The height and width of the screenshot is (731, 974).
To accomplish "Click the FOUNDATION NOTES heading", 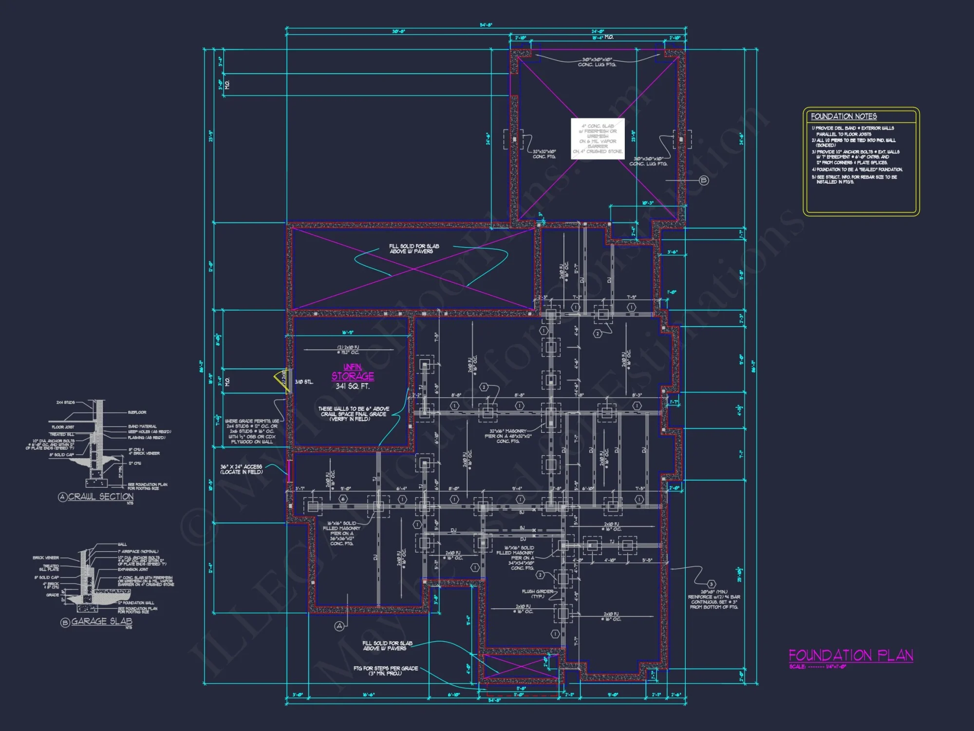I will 843,116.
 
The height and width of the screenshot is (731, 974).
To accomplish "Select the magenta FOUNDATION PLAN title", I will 850,655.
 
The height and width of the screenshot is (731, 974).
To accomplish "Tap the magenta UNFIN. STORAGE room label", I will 353,372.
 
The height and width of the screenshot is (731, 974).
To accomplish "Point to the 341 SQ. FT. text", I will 353,386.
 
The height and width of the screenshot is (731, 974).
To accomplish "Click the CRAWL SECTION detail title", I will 100,497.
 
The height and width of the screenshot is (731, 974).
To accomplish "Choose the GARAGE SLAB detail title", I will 101,621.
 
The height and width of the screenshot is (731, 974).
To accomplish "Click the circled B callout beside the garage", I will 704,180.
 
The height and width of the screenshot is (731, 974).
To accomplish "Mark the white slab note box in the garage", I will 598,138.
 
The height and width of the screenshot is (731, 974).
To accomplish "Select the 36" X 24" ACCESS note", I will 241,469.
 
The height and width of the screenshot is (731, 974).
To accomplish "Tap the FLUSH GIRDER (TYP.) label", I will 538,594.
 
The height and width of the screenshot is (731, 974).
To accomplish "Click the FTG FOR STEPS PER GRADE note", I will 386,671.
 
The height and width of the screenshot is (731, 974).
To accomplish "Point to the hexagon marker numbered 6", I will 343,499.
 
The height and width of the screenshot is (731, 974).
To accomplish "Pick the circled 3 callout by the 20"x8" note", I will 711,584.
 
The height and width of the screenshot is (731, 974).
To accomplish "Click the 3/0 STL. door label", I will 304,382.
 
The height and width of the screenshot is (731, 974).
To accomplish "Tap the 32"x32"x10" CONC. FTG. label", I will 544,154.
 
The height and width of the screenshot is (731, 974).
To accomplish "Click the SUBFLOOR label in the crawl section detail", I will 137,412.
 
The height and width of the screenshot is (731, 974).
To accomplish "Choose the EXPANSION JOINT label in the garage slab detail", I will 132,569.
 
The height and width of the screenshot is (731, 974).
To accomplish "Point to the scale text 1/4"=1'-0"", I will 836,667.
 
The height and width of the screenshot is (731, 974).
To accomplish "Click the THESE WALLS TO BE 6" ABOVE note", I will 354,414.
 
